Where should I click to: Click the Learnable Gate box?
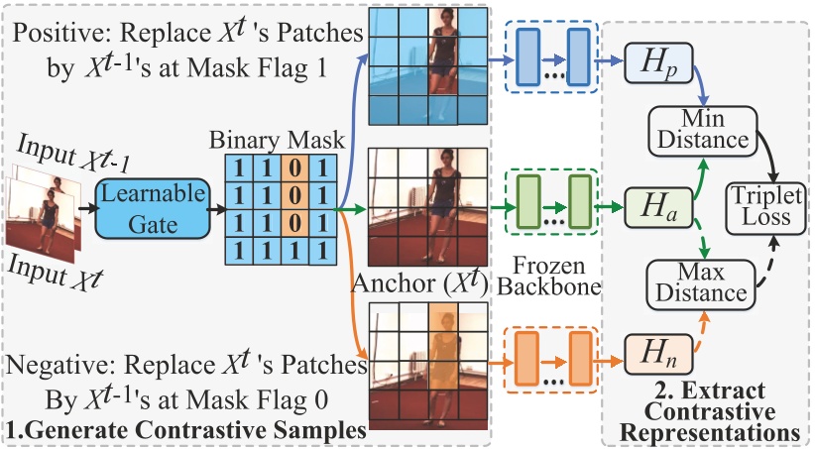[153, 208]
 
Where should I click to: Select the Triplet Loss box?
[765, 207]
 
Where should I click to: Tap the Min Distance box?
[703, 131]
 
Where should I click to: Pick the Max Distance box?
[701, 283]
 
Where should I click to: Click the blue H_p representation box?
[658, 62]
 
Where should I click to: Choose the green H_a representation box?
[658, 208]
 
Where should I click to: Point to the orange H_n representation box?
[658, 354]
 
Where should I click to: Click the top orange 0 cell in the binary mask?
[294, 168]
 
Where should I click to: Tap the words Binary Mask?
[277, 140]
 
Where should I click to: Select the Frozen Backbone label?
[549, 276]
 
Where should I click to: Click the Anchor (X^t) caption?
[420, 283]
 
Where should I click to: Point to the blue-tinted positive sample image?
[428, 66]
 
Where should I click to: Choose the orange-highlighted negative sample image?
[428, 367]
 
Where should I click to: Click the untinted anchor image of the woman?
[428, 207]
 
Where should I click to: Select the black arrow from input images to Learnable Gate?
[88, 208]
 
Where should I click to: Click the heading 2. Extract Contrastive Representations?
[709, 411]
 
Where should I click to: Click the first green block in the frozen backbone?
[528, 202]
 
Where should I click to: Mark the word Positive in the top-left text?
[59, 33]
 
